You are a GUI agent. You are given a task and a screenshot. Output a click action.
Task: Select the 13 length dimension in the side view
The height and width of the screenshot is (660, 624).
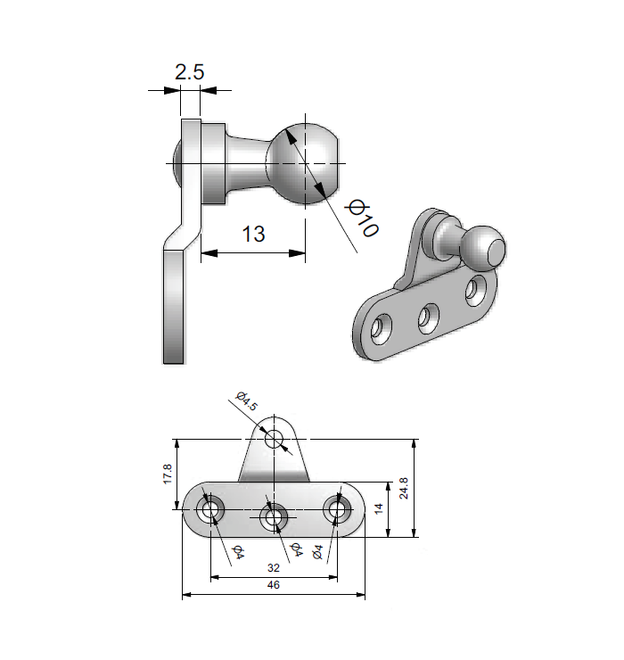[x=253, y=234]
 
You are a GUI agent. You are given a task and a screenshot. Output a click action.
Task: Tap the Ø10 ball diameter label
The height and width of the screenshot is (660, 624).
[x=364, y=219]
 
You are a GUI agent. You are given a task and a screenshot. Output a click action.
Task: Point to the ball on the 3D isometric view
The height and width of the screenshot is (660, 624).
[x=483, y=247]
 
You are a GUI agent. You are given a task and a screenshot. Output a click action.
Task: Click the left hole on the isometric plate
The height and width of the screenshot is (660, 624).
[x=381, y=329]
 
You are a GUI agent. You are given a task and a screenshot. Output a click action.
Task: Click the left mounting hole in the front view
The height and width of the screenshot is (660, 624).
[x=211, y=511]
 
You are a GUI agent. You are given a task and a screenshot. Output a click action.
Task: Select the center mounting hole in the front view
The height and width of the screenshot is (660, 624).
[x=274, y=516]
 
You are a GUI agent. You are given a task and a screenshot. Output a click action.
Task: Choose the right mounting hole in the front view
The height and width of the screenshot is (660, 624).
[x=338, y=510]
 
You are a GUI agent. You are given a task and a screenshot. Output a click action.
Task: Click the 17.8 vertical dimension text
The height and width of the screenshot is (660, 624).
[x=168, y=474]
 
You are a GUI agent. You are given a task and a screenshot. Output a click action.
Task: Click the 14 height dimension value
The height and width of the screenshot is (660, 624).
[x=378, y=510]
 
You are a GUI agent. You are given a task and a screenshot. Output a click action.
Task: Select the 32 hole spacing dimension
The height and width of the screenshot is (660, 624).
[x=274, y=568]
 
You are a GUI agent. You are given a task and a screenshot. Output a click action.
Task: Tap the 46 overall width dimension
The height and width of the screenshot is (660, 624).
[x=274, y=586]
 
